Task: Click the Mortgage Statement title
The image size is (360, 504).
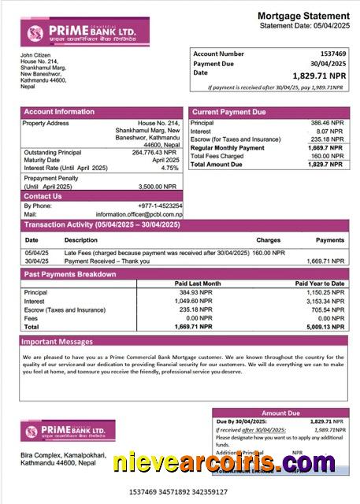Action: tap(303, 16)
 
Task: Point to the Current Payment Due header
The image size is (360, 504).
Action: tap(229, 113)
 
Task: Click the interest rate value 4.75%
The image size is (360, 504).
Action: tap(169, 168)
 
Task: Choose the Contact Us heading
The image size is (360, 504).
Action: tap(43, 196)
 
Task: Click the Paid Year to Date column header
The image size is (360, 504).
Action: tap(320, 283)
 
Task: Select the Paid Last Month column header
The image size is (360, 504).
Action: tap(197, 283)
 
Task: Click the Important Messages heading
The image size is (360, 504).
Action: tap(57, 342)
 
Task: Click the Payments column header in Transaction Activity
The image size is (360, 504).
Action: tap(330, 239)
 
